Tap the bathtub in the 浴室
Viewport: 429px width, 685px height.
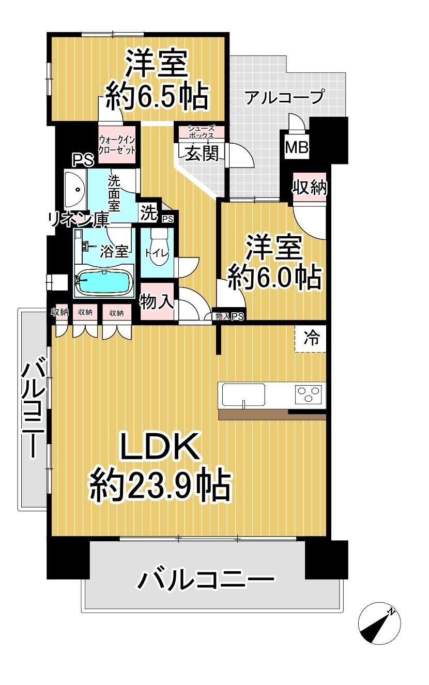tap(105, 282)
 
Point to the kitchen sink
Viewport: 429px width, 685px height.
tap(243, 395)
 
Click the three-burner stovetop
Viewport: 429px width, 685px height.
tap(308, 394)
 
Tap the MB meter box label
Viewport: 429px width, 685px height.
tap(296, 148)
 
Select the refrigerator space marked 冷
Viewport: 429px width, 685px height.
tap(310, 339)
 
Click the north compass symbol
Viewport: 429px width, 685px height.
tap(379, 623)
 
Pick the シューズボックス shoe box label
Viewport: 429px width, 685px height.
tap(201, 132)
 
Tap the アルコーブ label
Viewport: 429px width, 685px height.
tap(284, 98)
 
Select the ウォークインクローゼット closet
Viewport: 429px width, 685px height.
tap(117, 145)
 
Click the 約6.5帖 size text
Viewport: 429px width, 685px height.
tap(157, 97)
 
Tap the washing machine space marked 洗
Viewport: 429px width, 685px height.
tap(149, 214)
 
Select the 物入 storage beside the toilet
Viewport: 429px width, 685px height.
tap(157, 301)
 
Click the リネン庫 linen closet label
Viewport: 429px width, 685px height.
tap(79, 220)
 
